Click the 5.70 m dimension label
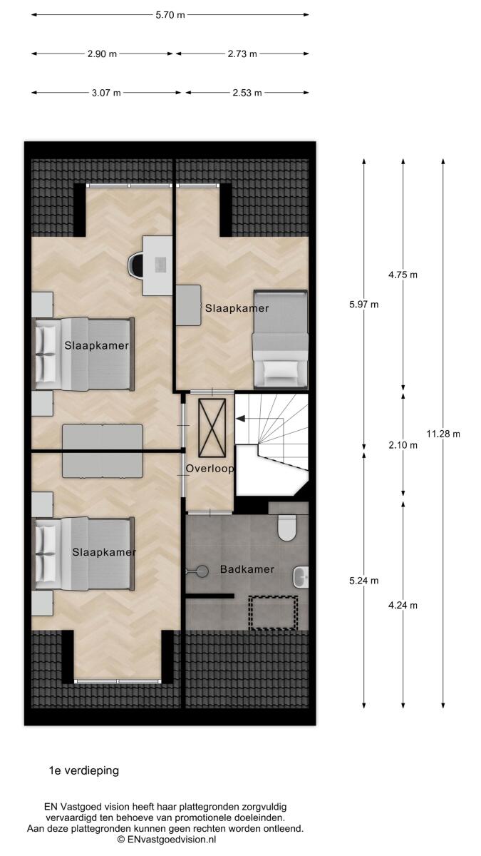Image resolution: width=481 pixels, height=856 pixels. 170,15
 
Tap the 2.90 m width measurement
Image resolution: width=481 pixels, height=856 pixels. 102,54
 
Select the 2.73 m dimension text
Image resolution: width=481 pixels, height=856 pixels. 242,54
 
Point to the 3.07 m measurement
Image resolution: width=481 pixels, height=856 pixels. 106,93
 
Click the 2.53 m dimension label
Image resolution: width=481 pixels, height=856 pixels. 247,93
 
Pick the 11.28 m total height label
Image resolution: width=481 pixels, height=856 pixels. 443,434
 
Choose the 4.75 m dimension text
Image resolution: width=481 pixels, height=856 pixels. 403,275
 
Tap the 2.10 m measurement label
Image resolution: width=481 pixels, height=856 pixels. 403,445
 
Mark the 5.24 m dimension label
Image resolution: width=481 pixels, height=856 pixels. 364,581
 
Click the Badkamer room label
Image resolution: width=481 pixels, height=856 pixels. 247,569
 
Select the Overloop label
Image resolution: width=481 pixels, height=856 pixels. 210,469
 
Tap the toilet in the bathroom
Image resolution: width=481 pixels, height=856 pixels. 287,527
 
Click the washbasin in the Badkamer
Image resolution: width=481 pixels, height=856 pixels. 301,577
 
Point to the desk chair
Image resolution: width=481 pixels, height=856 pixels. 135,265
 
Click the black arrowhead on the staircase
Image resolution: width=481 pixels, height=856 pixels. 240,419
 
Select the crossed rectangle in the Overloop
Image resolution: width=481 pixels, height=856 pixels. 212,427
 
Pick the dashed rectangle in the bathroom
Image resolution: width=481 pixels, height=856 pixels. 273,613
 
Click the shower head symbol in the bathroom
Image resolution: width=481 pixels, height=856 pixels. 198,571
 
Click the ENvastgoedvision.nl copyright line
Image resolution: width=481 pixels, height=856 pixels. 167,840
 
